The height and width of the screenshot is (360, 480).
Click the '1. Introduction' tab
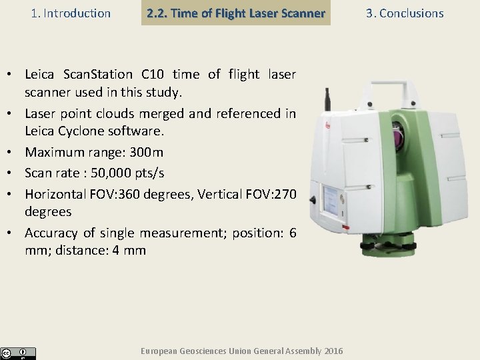point(71,13)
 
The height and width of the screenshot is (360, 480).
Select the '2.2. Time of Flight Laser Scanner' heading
point(236,13)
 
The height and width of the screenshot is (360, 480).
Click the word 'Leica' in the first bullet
point(42,74)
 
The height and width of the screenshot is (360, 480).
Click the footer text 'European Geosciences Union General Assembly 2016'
point(243,351)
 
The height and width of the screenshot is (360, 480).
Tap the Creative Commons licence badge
point(18,353)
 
